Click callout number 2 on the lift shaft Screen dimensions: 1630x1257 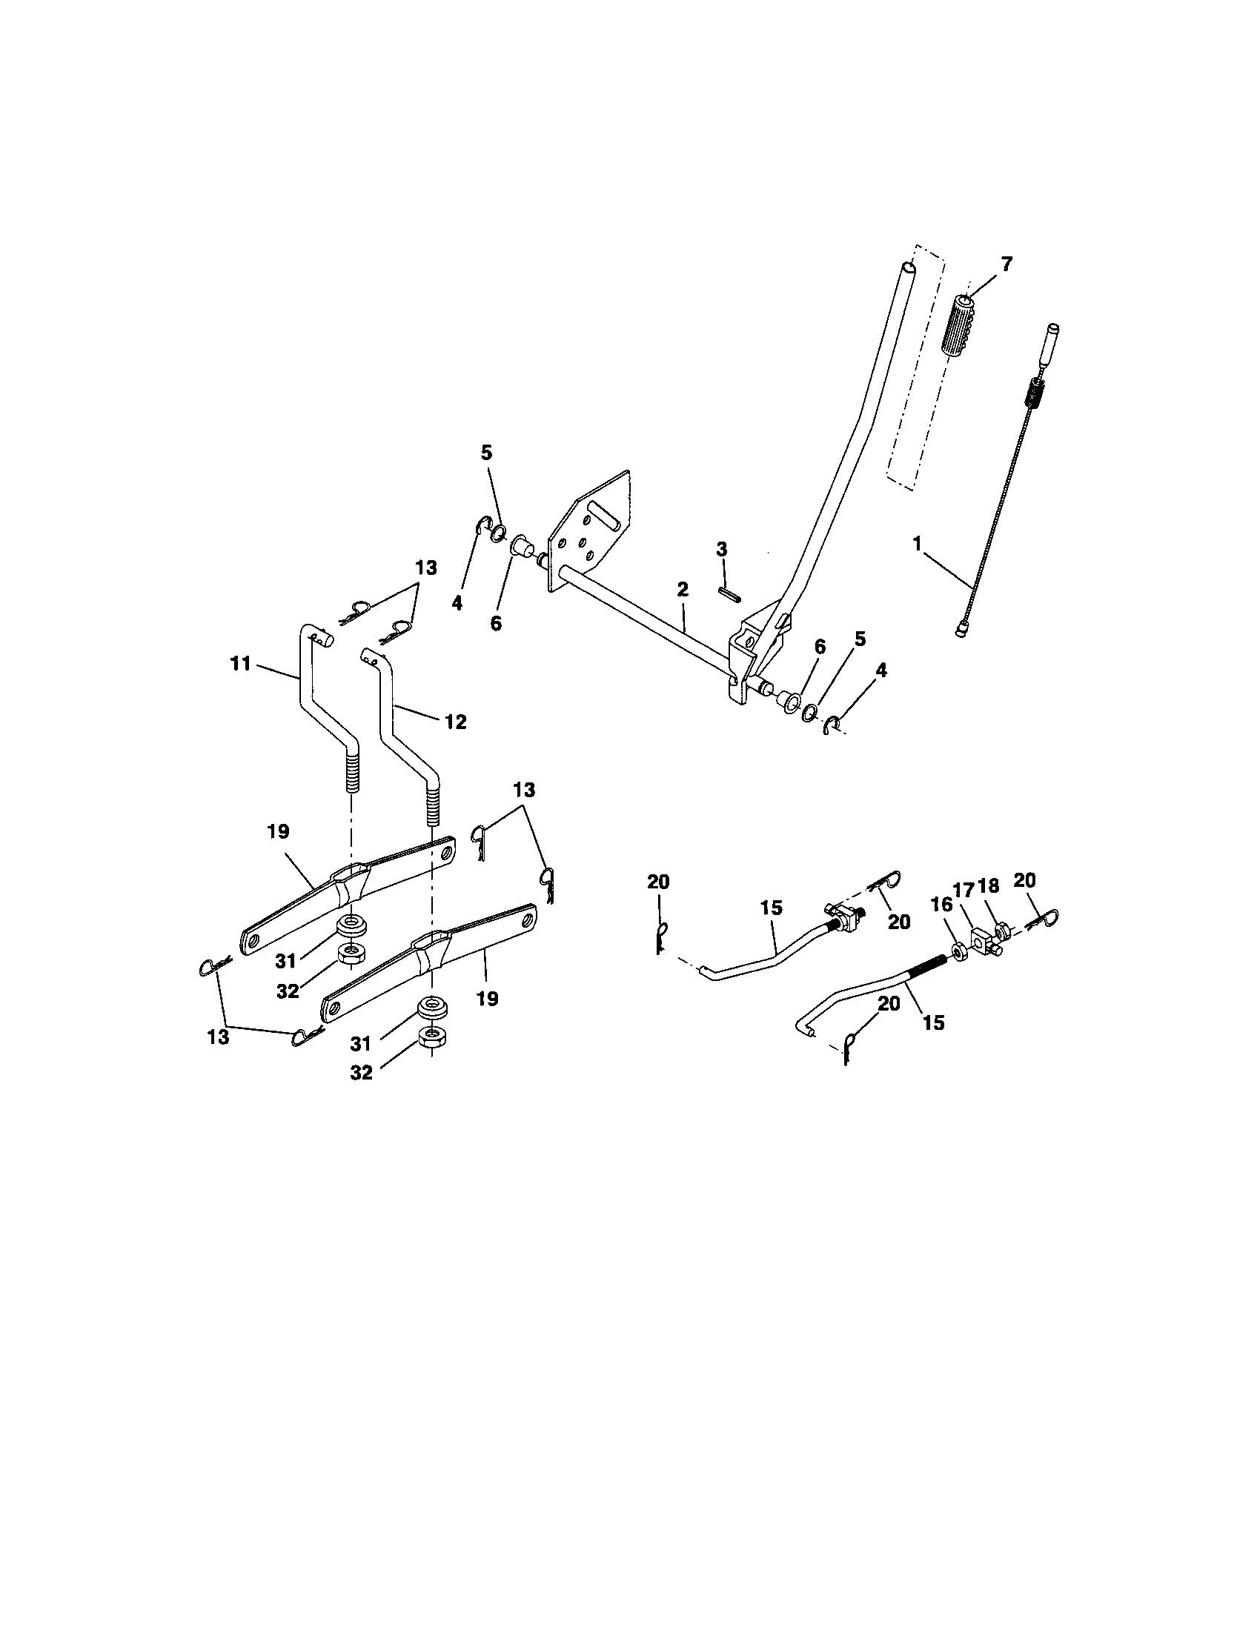click(x=683, y=589)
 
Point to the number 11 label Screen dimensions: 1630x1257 click(x=240, y=664)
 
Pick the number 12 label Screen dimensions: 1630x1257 click(x=455, y=722)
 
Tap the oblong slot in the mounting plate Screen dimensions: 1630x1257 click(x=603, y=516)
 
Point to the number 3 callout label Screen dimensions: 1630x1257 click(x=721, y=548)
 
